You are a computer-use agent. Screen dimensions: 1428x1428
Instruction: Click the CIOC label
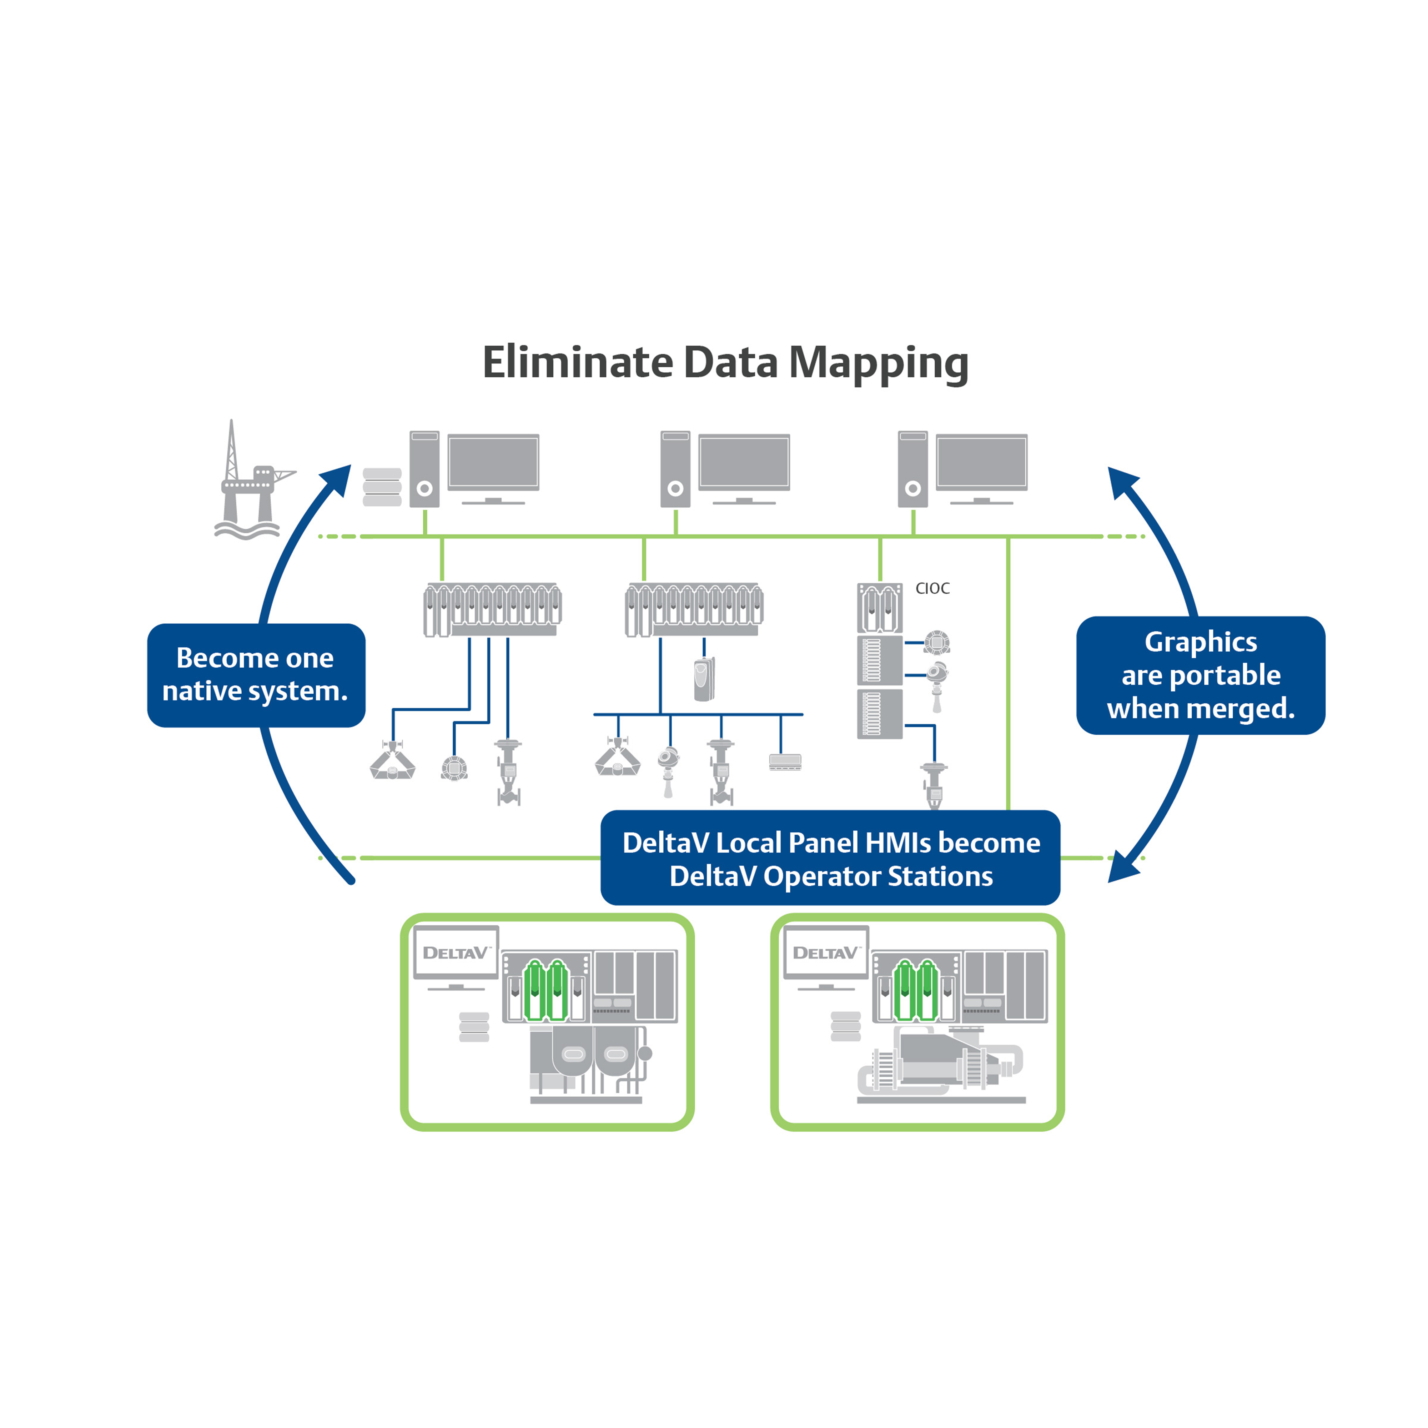tap(932, 588)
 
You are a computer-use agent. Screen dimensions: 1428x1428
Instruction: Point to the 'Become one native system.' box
tap(256, 675)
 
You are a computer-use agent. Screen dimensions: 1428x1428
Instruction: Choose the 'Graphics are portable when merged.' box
tap(1200, 675)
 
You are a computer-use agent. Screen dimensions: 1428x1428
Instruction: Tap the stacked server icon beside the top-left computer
tap(382, 487)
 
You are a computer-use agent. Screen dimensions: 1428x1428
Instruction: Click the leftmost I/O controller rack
tap(492, 610)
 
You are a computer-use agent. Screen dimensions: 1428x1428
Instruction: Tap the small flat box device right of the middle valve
tap(785, 761)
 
